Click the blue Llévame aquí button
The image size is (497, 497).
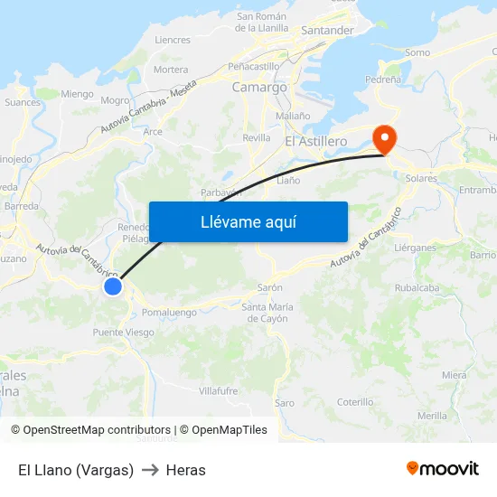click(248, 221)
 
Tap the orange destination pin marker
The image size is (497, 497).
click(385, 137)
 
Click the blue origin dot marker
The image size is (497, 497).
click(113, 286)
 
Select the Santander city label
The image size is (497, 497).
click(327, 30)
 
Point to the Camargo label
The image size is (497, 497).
click(259, 88)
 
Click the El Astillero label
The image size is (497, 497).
click(315, 142)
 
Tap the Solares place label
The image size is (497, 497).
click(420, 178)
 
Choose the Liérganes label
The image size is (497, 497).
click(416, 247)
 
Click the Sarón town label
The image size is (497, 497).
click(270, 286)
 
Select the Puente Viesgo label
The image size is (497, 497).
click(124, 332)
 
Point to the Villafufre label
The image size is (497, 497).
click(218, 390)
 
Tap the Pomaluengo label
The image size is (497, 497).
click(170, 313)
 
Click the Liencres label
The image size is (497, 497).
click(173, 40)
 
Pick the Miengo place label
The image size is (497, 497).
click(77, 93)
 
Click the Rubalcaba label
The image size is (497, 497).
click(417, 288)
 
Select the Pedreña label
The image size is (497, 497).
click(382, 80)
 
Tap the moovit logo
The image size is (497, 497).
click(443, 469)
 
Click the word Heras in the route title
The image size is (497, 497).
click(186, 470)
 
